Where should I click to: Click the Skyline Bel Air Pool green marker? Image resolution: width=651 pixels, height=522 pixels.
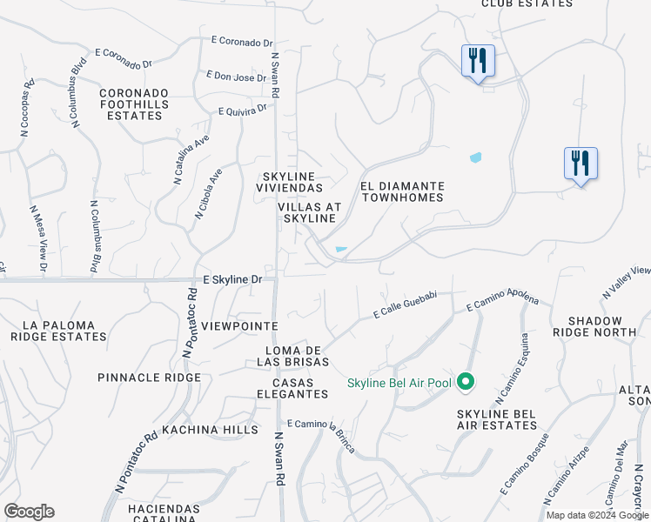point(466,382)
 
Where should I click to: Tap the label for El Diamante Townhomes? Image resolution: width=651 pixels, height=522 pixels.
point(402,192)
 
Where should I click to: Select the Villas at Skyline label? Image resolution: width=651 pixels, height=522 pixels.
point(308,212)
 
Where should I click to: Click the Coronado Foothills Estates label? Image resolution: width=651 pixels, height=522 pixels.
point(134,104)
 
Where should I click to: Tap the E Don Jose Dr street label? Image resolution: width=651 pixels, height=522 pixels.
point(236,77)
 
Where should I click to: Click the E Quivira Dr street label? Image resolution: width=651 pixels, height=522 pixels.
point(243,110)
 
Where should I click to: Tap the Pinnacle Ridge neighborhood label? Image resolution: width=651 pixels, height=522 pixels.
point(149,378)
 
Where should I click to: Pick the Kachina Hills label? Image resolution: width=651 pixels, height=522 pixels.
point(198,430)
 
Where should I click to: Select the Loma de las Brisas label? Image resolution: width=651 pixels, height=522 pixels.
point(298,355)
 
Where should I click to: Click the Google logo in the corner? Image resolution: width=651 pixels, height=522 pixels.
point(29,512)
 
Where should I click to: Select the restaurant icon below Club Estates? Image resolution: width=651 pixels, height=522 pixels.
point(478,61)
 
